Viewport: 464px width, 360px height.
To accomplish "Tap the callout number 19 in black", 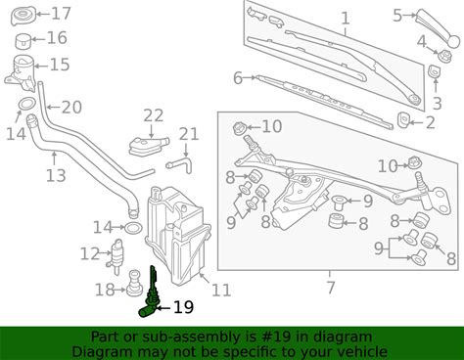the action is (183, 307).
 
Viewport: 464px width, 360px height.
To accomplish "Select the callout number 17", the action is (61, 14).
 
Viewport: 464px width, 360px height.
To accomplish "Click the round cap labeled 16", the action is (23, 41).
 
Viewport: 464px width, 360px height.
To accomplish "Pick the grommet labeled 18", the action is (134, 284).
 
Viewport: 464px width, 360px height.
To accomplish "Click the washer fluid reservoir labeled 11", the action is (176, 235).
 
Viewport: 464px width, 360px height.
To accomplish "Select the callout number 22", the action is (154, 115).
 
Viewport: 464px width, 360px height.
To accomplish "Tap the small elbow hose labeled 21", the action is (180, 166).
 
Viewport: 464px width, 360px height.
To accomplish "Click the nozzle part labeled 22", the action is (148, 147).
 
